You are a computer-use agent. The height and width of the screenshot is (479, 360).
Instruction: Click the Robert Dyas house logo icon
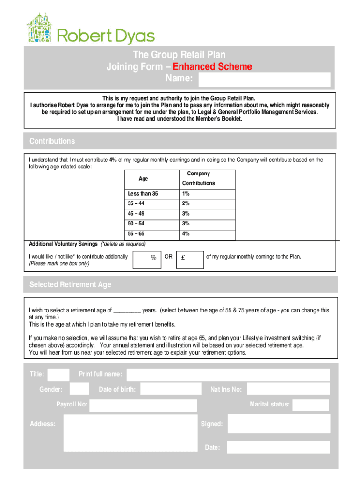(x=41, y=28)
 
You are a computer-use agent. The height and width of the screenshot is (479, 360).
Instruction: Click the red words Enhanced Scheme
(x=212, y=67)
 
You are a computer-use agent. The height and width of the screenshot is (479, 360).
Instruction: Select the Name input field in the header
(x=264, y=80)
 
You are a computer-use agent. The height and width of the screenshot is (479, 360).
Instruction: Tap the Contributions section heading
(x=52, y=141)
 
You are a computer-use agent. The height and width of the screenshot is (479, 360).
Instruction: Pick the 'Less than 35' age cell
(x=143, y=194)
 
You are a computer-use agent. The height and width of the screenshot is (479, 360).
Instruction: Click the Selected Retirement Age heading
(x=70, y=284)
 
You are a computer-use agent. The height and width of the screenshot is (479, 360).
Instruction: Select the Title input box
(x=58, y=374)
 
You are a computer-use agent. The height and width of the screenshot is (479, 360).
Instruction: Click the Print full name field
(x=228, y=375)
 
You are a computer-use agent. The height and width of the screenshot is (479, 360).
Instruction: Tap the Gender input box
(x=79, y=389)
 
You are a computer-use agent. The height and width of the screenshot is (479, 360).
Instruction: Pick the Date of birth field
(x=170, y=389)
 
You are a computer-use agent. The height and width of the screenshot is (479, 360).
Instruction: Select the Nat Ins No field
(x=288, y=389)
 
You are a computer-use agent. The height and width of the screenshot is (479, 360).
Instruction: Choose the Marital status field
(x=310, y=405)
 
